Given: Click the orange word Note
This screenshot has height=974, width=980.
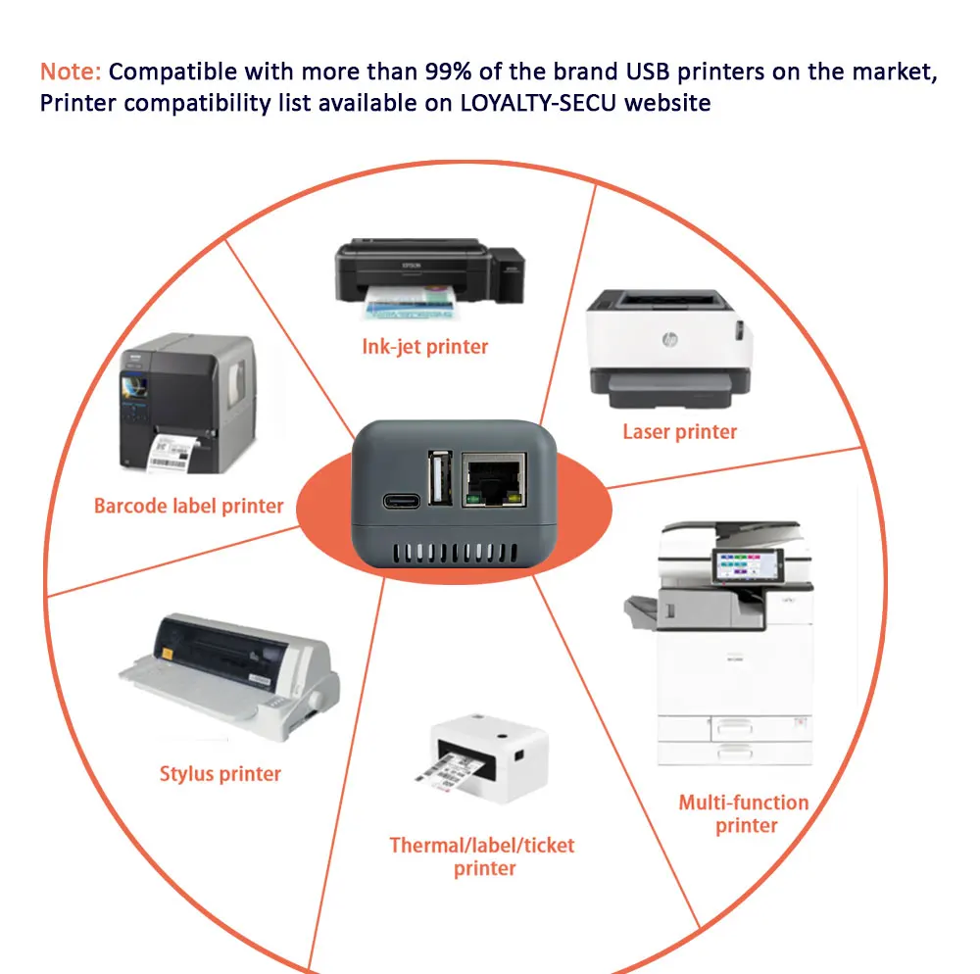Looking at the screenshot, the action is tap(70, 72).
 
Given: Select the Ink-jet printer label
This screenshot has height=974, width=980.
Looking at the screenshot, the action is tap(424, 346).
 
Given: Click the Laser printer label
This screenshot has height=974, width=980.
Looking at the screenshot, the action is tap(679, 431).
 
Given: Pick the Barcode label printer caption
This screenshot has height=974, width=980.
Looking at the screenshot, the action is tap(188, 507).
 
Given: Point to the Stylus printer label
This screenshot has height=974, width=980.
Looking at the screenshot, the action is tap(220, 774).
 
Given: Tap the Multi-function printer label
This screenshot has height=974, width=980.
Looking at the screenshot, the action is tap(744, 814).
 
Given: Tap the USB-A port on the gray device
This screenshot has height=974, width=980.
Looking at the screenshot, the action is tap(439, 477).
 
